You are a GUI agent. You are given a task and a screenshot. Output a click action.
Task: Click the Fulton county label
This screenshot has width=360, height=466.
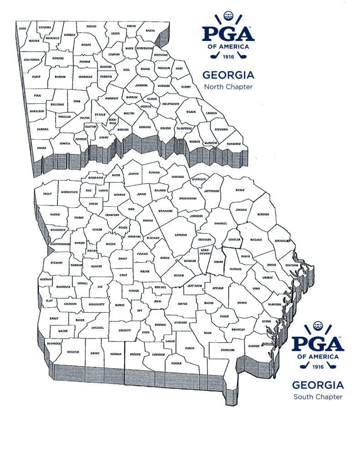point(85,117)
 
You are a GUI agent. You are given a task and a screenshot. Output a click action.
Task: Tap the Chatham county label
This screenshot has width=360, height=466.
point(291,265)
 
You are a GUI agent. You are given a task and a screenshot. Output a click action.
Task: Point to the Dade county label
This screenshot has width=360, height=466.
point(22,28)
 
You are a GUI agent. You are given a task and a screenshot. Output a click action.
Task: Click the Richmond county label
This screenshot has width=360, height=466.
point(233,143)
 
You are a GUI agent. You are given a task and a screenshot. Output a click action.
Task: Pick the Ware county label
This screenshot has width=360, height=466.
point(208,333)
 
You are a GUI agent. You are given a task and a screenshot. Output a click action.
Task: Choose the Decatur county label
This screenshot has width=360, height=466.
point(73,352)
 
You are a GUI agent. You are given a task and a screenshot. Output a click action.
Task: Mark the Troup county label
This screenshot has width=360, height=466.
point(47,193)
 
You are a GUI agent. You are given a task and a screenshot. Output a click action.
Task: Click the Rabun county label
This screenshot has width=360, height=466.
point(150,30)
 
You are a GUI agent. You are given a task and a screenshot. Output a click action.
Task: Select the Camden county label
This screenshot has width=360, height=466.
point(254,346)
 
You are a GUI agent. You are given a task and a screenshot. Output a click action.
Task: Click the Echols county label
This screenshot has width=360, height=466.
point(177,363)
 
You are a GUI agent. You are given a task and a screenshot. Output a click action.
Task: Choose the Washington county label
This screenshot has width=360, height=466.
point(188,198)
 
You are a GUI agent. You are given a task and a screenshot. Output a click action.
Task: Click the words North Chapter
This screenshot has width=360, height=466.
point(228,86)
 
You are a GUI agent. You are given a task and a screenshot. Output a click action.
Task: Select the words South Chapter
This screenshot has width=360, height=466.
point(318,397)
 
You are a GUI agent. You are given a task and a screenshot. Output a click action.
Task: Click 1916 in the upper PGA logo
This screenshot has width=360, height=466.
point(228,57)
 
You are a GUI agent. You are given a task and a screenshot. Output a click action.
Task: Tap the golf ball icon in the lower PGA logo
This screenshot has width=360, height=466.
point(318,327)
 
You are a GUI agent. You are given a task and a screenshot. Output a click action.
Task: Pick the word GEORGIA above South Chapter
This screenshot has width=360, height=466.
point(318,385)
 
